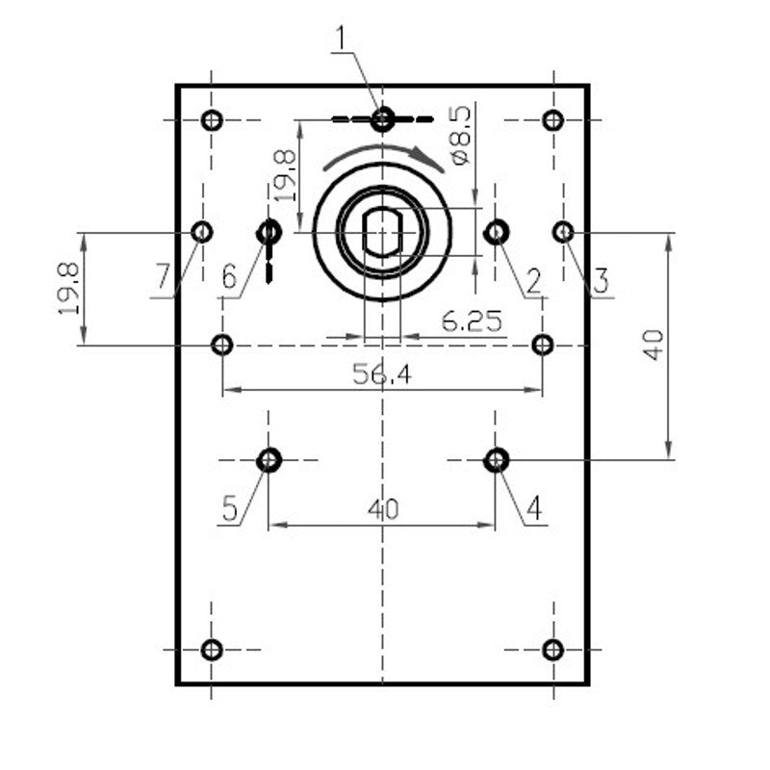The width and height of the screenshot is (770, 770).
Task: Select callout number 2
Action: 532,281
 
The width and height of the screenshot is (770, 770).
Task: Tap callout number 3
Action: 600,281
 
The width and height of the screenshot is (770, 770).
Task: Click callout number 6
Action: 229,277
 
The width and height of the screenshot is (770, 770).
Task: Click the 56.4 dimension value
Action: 382,375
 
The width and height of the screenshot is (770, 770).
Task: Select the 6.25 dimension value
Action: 472,321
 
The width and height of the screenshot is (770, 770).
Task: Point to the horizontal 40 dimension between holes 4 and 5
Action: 382,509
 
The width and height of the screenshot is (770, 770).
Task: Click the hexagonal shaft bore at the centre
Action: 382,232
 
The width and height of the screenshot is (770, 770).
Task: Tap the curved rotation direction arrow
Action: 384,154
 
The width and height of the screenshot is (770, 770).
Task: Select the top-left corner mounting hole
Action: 213,120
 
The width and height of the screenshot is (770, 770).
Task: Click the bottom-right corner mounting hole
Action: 552,650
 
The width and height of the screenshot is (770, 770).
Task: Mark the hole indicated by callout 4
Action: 496,460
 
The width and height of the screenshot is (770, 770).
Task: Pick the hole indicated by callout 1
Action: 383,119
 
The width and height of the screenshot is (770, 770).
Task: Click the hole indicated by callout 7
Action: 202,232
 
